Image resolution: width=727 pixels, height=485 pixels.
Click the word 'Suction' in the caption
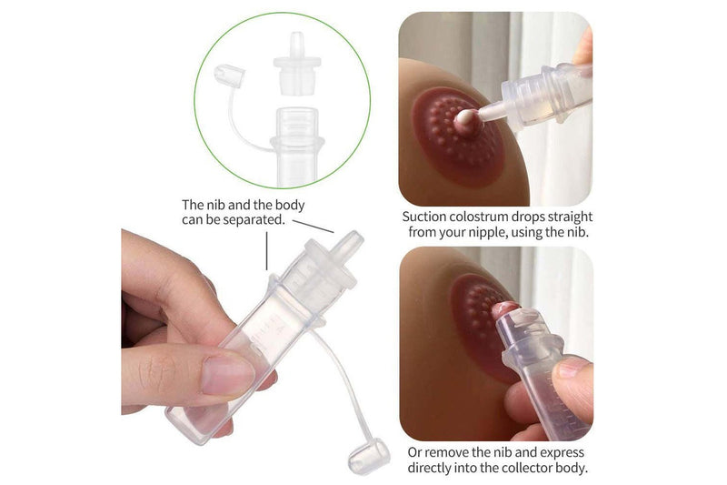[x=426, y=217]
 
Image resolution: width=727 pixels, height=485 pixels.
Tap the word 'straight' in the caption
[x=568, y=217]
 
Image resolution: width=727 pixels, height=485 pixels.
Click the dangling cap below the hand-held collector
[x=368, y=455]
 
